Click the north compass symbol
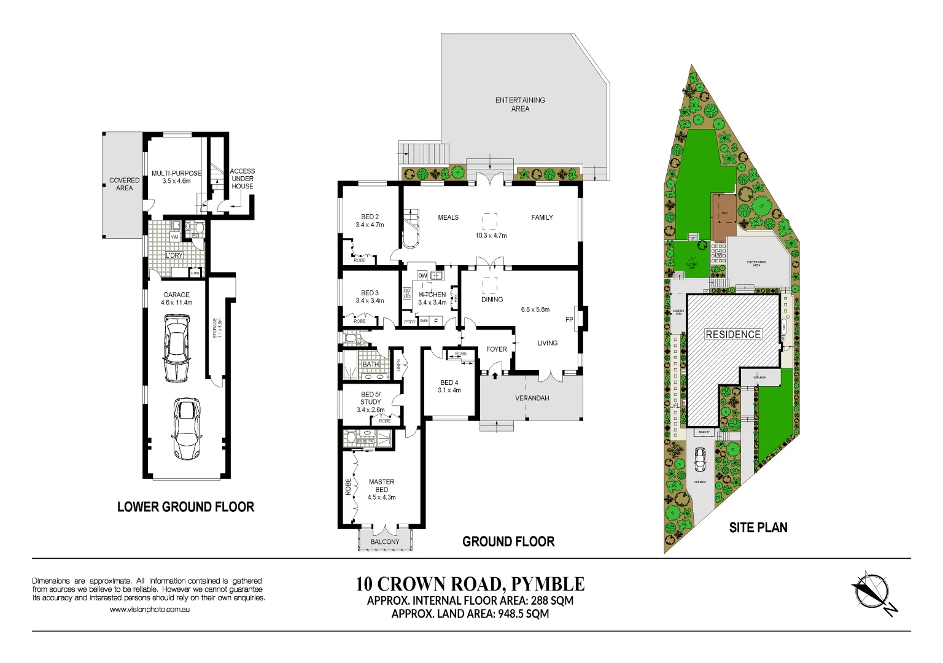871,591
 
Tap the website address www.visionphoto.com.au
150,610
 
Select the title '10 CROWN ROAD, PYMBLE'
470,583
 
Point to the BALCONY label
385,541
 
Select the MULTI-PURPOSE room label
176,173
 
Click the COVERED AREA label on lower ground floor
124,184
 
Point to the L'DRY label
174,255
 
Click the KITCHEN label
432,295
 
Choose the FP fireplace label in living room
569,320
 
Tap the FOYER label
497,349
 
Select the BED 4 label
449,382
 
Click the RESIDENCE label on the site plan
733,335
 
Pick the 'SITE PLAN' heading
758,527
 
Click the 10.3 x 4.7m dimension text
491,236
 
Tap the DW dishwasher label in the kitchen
422,276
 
